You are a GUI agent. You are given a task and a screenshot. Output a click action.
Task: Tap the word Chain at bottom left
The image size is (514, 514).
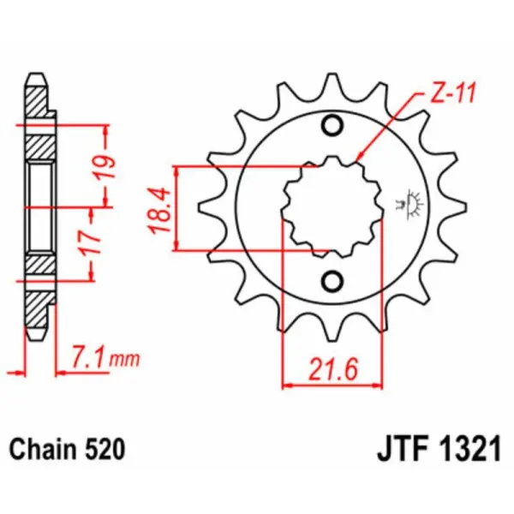tap(40, 448)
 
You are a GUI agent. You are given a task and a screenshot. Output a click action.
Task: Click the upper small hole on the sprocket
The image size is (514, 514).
tap(332, 128)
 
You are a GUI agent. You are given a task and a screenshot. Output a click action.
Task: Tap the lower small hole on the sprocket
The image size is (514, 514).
tap(332, 280)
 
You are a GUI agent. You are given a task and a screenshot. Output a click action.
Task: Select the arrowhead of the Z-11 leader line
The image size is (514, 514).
tap(359, 159)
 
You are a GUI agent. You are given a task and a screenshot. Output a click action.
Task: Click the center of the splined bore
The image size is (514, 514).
tap(332, 206)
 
